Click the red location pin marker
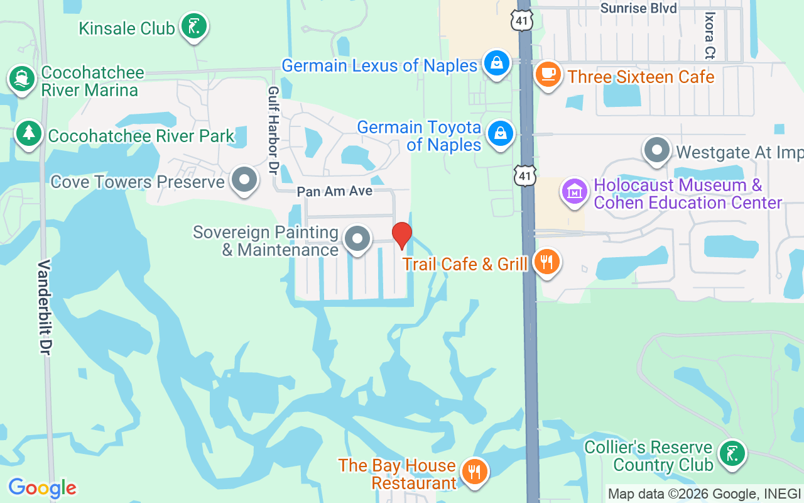402,235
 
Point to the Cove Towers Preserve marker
244,180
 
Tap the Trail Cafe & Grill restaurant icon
546,262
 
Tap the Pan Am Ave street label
335,191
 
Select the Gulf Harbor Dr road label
273,130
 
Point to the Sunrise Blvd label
638,8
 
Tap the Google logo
42,488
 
